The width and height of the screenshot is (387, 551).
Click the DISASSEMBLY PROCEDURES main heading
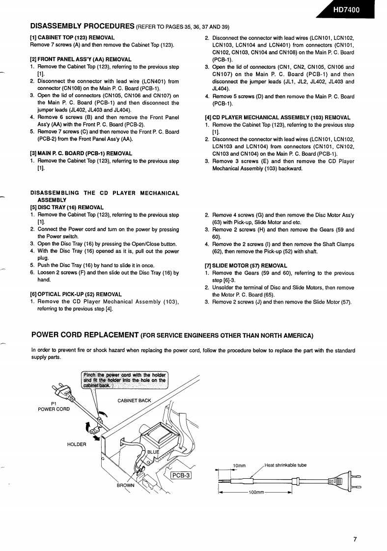[83, 26]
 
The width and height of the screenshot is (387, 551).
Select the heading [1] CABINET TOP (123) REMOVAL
[72, 38]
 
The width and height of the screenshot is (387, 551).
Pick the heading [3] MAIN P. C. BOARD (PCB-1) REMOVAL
[81, 154]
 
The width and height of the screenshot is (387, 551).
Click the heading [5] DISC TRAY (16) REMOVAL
[67, 207]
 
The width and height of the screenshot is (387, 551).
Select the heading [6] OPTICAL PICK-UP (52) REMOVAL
[76, 294]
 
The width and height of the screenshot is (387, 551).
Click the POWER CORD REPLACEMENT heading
[84, 335]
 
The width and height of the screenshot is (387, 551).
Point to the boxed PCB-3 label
[181, 475]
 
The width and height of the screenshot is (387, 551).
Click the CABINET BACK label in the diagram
[134, 401]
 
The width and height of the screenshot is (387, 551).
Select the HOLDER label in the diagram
[76, 444]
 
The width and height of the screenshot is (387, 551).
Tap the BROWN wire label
[125, 485]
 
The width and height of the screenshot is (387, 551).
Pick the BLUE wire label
[153, 452]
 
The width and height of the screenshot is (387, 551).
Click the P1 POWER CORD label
[54, 406]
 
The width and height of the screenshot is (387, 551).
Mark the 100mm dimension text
[256, 492]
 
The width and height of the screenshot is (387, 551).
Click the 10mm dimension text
[239, 466]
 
